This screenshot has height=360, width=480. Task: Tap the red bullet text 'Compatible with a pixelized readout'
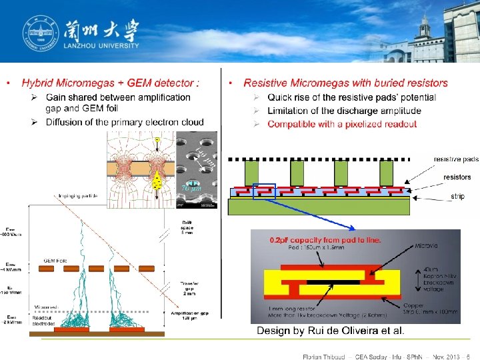click(x=342, y=124)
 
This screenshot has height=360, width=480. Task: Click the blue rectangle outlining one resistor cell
click(x=265, y=191)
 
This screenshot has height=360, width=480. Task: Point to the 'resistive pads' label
click(x=456, y=159)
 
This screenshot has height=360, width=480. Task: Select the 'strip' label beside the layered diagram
click(x=457, y=196)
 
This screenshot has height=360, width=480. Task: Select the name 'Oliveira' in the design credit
click(x=355, y=331)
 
